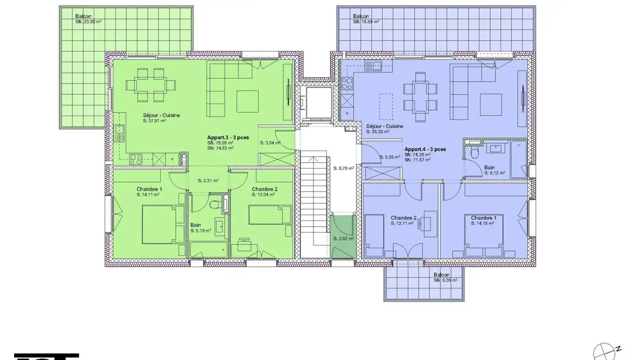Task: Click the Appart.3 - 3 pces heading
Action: [x=228, y=138]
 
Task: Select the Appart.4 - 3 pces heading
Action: [x=425, y=149]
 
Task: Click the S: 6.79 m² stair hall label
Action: [x=343, y=168]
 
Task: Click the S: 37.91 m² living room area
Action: [x=154, y=120]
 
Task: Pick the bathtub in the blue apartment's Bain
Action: [x=518, y=160]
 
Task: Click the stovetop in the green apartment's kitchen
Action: [x=136, y=159]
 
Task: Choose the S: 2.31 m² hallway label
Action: [x=208, y=180]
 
